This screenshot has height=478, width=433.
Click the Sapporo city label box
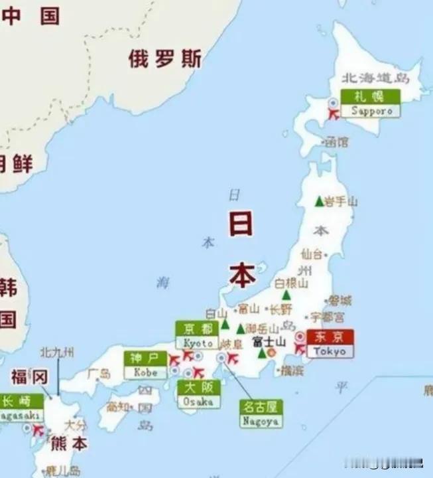tap(371, 104)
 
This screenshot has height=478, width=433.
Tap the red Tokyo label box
tap(330, 344)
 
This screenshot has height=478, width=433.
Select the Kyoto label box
tap(197, 335)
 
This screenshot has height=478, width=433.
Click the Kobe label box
tap(145, 365)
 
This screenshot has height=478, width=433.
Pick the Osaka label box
tap(198, 394)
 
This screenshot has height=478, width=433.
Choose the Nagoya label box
tap(261, 413)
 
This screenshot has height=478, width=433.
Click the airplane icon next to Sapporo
tap(334, 114)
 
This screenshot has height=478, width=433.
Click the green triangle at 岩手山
tap(319, 201)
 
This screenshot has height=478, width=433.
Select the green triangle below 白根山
tap(286, 295)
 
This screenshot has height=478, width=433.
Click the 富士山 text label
tap(269, 341)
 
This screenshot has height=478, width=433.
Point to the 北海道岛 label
tap(375, 78)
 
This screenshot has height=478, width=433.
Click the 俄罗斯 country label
tap(165, 59)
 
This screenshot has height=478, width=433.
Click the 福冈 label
tap(30, 378)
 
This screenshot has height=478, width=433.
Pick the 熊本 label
tap(70, 443)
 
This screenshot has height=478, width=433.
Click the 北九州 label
tap(58, 352)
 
